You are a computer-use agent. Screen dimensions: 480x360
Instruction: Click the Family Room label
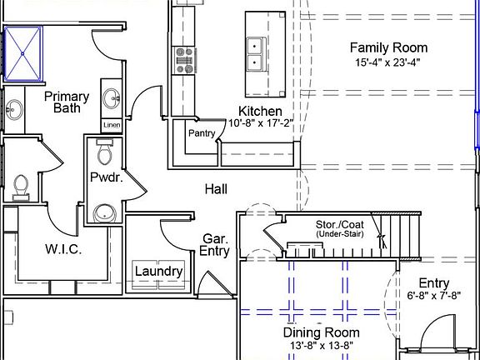click(389, 47)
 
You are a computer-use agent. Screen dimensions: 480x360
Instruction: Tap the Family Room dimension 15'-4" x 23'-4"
click(387, 62)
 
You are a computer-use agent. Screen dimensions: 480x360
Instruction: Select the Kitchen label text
click(260, 111)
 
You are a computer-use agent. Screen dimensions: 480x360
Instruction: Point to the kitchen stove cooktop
click(183, 60)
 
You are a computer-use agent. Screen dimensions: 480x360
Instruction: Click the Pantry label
click(202, 133)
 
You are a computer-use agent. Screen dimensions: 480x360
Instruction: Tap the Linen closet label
click(112, 125)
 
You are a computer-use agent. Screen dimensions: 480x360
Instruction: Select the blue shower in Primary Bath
click(23, 54)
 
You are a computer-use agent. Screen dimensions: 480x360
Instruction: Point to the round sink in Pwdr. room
click(105, 212)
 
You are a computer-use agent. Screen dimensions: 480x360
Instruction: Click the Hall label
click(216, 189)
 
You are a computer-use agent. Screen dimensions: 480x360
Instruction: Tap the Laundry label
click(159, 271)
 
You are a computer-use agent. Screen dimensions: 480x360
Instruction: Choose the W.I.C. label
click(63, 249)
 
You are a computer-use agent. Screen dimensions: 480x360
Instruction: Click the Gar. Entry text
click(214, 245)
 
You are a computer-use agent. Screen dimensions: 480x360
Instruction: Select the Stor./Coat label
click(340, 224)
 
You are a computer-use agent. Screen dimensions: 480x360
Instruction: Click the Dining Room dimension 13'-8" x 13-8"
click(322, 346)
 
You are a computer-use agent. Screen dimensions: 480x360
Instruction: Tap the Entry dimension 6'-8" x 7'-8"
click(434, 296)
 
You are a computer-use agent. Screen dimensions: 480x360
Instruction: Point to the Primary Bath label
click(67, 102)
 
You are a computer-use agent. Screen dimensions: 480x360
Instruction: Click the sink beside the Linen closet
click(112, 98)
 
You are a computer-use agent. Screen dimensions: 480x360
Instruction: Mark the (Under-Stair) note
click(340, 234)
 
